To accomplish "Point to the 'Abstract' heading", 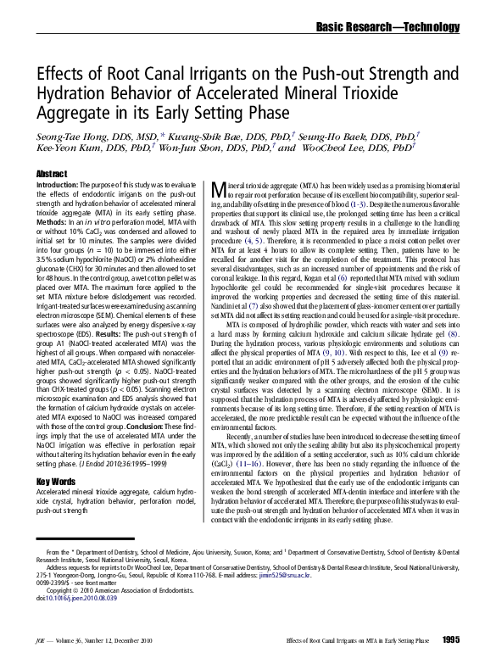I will [52, 174].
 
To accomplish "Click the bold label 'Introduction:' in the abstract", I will [59, 184].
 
